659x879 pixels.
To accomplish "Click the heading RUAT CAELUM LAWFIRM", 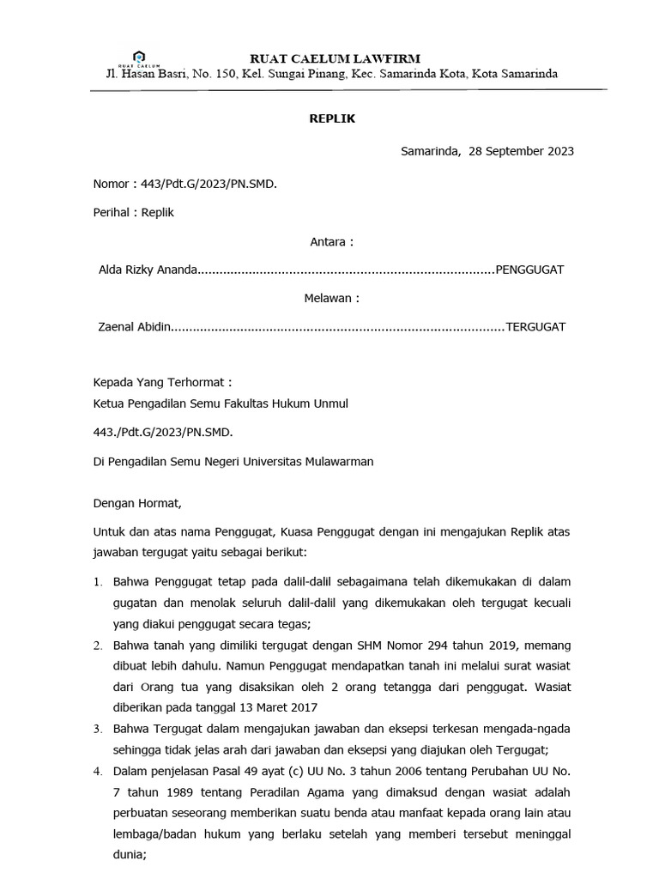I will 334,58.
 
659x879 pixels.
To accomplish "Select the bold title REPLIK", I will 332,119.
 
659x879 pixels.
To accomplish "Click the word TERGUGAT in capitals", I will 536,327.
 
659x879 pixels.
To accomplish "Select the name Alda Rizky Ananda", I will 148,270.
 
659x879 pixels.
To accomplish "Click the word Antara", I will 331,242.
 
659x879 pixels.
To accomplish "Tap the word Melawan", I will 331,299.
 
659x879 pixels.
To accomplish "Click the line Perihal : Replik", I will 133,212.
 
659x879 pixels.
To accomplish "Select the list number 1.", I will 97,583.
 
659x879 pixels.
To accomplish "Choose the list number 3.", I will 97,729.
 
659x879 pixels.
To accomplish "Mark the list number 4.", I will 97,771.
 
